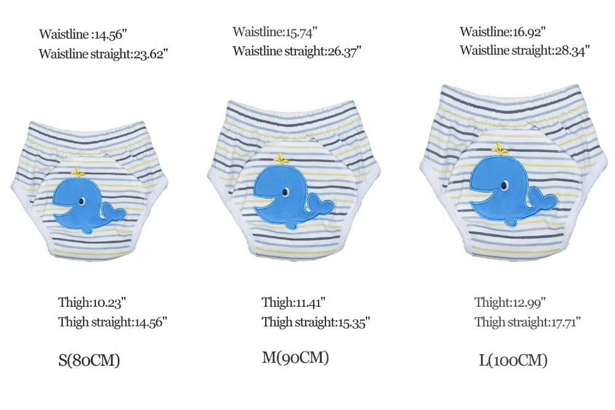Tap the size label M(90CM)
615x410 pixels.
tap(295, 357)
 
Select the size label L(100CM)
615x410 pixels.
tap(513, 360)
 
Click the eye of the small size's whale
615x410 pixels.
tap(82, 200)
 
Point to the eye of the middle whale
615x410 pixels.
tap(286, 192)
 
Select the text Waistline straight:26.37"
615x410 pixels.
tap(297, 51)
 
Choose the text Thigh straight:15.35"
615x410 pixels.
tap(315, 321)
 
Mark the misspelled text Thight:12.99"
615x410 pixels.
tap(510, 302)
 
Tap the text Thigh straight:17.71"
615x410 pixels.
tap(528, 321)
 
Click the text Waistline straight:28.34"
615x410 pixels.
tap(525, 50)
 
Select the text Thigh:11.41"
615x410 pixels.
tap(293, 302)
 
